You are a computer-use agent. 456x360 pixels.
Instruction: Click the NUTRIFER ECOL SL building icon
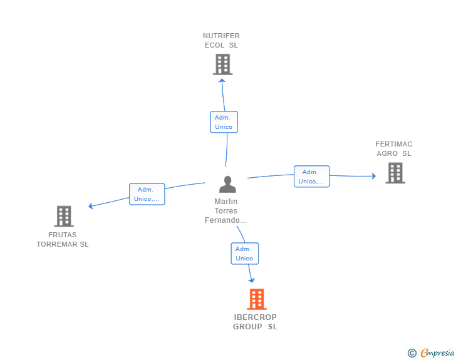(x=222, y=64)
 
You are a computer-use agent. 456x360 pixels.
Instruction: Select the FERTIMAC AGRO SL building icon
(x=395, y=173)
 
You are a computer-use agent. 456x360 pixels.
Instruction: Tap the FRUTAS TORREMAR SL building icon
(x=64, y=217)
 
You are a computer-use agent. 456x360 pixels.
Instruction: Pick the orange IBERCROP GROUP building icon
(x=257, y=299)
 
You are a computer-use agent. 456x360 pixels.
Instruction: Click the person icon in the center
(x=227, y=184)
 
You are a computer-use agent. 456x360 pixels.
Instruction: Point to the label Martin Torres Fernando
(x=225, y=211)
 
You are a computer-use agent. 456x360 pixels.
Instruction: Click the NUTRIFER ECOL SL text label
(x=221, y=41)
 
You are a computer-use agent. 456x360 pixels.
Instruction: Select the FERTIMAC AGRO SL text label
(x=394, y=148)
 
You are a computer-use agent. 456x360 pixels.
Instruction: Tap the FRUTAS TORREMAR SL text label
(x=63, y=239)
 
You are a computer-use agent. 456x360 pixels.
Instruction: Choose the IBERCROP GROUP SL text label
(x=255, y=322)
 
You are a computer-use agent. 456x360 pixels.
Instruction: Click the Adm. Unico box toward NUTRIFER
(x=224, y=122)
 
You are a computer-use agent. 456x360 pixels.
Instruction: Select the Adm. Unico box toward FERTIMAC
(x=311, y=177)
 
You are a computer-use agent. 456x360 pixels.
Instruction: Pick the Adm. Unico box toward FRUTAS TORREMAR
(x=147, y=194)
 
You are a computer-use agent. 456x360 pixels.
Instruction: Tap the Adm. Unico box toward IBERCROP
(x=244, y=254)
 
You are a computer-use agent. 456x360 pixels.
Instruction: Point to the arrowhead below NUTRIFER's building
(x=222, y=81)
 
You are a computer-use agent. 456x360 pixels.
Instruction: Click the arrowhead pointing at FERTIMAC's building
(x=374, y=176)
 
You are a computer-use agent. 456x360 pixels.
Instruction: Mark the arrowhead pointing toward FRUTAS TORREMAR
(x=90, y=206)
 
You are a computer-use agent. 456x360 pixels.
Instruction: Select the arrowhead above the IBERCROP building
(x=252, y=280)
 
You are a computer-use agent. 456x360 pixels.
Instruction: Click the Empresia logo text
(x=437, y=353)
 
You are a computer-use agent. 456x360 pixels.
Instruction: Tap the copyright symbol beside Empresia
(x=412, y=353)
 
